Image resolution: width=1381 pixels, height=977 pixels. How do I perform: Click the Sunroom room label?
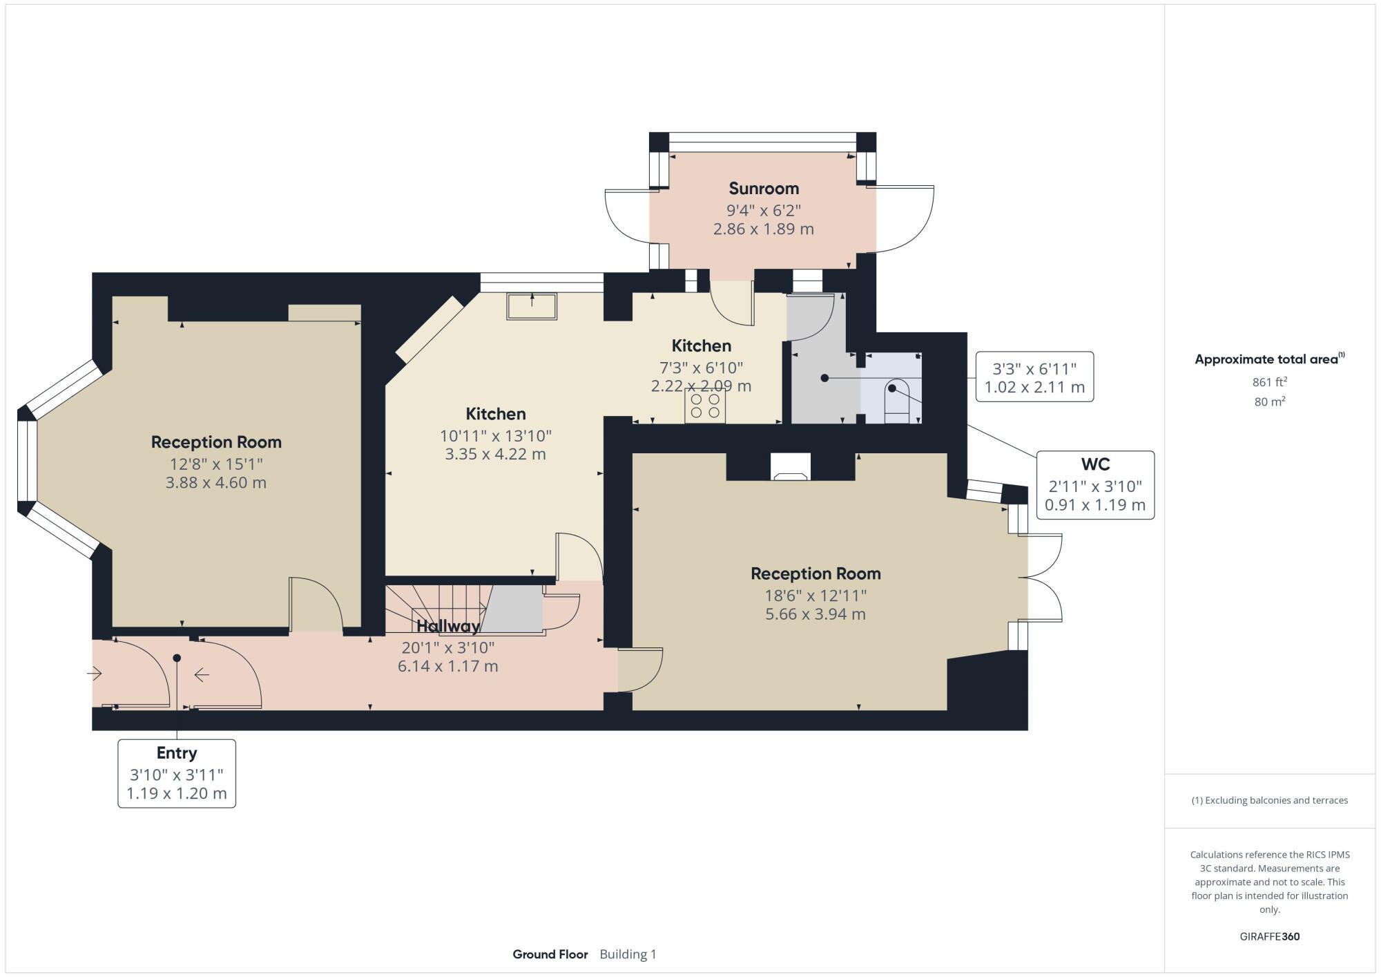(764, 188)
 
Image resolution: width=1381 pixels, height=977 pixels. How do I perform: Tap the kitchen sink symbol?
(532, 306)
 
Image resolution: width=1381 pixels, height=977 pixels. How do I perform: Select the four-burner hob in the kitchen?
(705, 406)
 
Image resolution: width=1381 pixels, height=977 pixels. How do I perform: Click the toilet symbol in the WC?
(897, 401)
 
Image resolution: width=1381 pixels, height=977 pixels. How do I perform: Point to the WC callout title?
(1095, 464)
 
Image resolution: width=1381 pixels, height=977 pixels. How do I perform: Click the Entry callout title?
(177, 752)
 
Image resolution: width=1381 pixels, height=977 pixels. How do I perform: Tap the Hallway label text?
(448, 626)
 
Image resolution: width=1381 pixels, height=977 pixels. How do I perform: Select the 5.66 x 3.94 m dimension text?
(815, 614)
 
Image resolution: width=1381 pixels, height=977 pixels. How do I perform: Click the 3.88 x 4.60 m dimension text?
(216, 482)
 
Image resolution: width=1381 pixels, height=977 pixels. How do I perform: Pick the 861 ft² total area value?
(1269, 381)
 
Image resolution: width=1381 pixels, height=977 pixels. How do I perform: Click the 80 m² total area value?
(1269, 401)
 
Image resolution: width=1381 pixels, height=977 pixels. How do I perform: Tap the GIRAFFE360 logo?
(1270, 936)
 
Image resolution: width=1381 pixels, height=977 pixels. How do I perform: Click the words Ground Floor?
(550, 954)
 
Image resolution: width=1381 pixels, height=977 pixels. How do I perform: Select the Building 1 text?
(628, 954)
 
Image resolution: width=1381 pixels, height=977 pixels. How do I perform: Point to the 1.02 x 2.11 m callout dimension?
(1034, 387)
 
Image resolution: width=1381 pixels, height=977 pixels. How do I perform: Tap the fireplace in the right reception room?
(791, 466)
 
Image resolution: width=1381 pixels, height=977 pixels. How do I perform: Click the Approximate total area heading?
(1270, 359)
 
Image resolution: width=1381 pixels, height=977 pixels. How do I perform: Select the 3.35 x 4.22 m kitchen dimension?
(495, 454)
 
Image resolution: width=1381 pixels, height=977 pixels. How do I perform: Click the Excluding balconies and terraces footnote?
(1269, 800)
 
